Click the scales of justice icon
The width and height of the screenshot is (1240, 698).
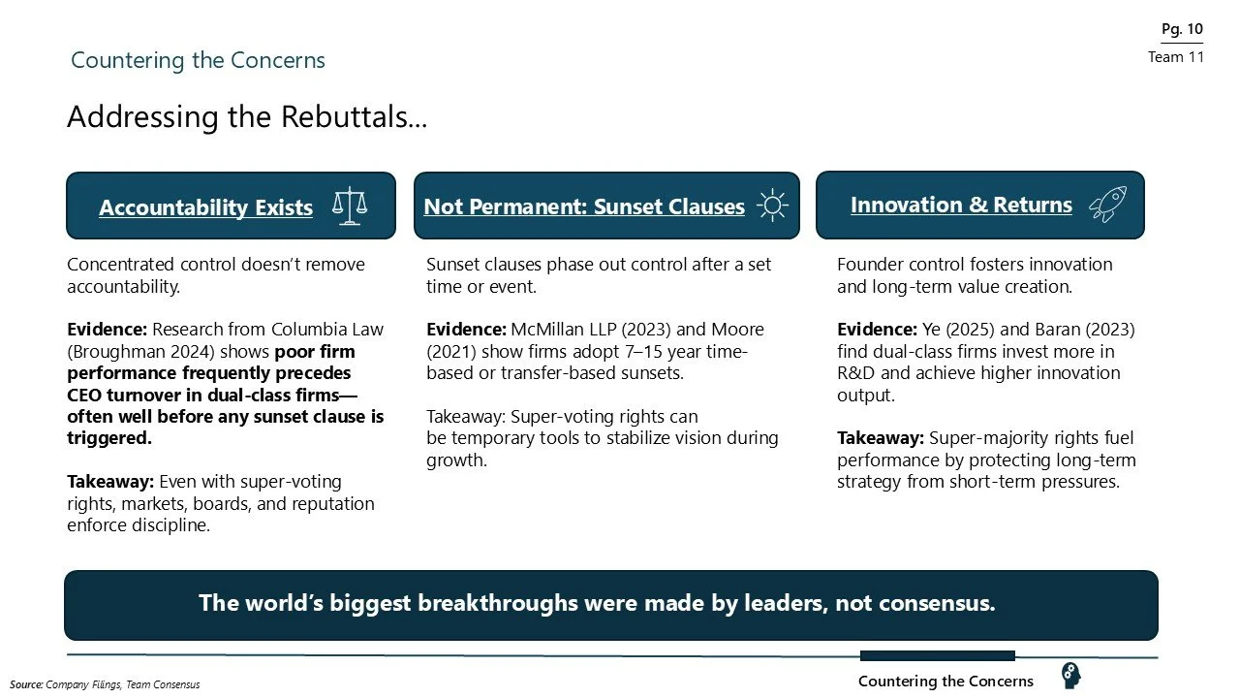[350, 206]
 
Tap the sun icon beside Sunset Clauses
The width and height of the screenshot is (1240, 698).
[771, 206]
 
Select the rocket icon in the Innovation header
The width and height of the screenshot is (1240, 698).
[1107, 205]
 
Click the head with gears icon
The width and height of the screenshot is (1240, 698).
[1070, 675]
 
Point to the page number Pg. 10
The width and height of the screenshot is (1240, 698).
[1182, 29]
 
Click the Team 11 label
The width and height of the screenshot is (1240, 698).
[1176, 57]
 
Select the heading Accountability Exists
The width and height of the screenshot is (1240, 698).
[205, 207]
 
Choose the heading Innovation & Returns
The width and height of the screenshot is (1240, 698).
[961, 205]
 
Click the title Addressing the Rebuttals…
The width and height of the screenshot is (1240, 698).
[247, 117]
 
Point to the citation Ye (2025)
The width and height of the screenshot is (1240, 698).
[936, 330]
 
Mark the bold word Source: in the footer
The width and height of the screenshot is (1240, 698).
[27, 684]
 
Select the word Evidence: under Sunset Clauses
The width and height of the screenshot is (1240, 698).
[466, 330]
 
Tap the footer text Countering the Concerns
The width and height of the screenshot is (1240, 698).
[945, 682]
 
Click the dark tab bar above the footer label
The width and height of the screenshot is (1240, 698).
[937, 656]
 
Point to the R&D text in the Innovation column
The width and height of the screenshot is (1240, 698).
[856, 373]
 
